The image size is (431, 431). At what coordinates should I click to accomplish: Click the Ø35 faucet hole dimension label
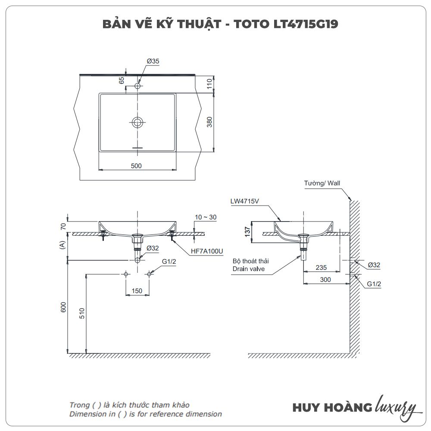tap(153, 62)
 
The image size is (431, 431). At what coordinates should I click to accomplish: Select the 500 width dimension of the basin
tap(136, 166)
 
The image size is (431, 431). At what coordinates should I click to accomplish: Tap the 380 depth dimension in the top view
tap(210, 122)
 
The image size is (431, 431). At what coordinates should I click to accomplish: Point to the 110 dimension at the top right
tap(210, 83)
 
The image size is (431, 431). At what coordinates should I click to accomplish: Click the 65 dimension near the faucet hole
tap(122, 81)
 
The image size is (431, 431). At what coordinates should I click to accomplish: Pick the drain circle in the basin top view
tap(137, 122)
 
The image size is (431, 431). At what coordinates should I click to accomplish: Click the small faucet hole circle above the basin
tap(137, 86)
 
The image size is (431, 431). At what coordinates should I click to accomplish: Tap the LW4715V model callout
tap(244, 201)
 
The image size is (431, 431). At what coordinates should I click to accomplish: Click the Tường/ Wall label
tap(322, 183)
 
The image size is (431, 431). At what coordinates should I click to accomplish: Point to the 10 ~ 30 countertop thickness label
tap(206, 218)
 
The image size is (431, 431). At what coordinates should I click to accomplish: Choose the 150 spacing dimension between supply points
tap(137, 291)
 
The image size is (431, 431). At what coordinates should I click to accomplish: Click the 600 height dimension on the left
tap(63, 307)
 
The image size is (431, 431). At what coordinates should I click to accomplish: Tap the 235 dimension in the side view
tap(321, 268)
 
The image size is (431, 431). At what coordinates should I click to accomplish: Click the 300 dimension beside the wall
tap(325, 280)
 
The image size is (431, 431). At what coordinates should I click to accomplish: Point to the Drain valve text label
tap(249, 269)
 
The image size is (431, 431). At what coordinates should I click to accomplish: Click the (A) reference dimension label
tap(63, 246)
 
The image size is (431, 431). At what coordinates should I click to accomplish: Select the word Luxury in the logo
tap(396, 406)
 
